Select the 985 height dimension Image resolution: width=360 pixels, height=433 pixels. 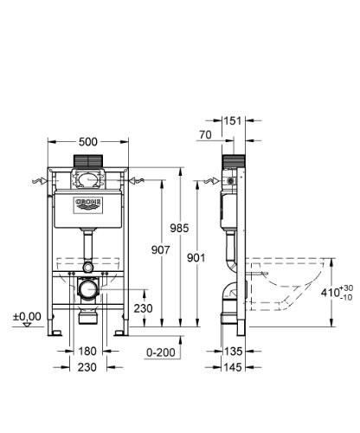202,228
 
